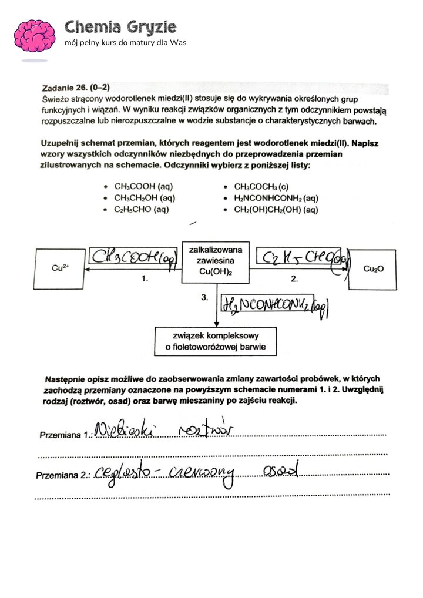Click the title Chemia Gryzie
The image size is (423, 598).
120,27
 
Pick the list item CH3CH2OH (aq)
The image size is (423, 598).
144,198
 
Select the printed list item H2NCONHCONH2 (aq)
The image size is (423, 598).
276,198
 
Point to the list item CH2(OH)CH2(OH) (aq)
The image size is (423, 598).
276,209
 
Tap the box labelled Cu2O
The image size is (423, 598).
374,269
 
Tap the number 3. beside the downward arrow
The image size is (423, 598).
204,298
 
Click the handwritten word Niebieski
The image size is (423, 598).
123,432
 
